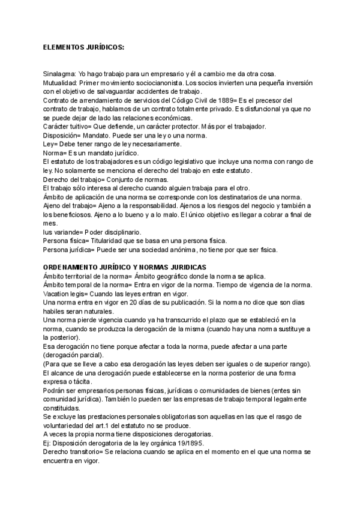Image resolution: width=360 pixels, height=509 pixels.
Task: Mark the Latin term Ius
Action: point(49,232)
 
